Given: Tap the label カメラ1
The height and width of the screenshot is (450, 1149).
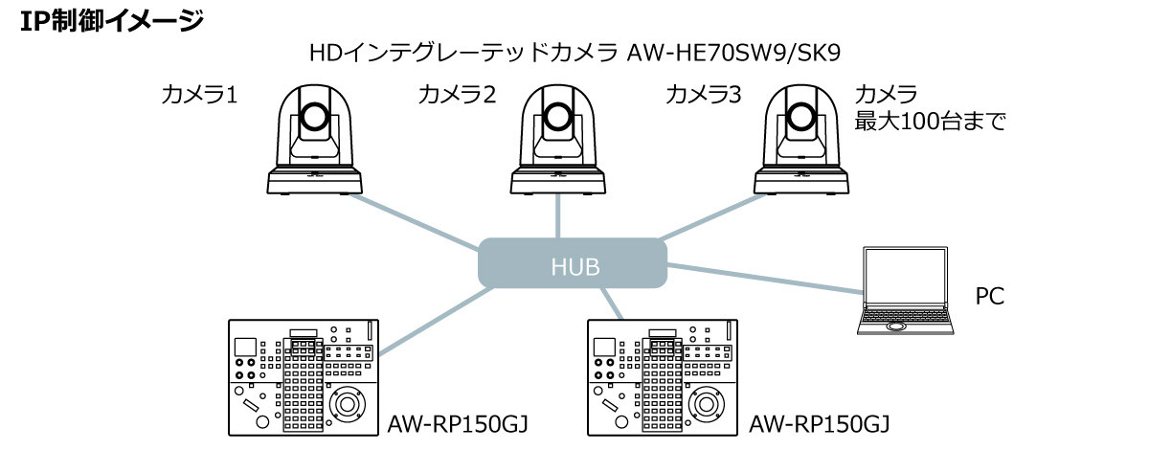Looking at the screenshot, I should pos(198,95).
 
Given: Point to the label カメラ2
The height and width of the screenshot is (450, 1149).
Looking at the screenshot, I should pos(457,95).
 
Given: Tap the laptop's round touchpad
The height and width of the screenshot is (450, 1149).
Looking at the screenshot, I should pos(897,326).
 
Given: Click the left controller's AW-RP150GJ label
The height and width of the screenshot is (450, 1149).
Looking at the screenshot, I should pos(458,422).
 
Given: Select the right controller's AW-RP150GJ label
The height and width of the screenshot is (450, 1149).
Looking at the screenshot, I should pos(819,422).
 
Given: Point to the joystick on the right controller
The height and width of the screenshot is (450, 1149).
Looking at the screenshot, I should pos(707,403).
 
